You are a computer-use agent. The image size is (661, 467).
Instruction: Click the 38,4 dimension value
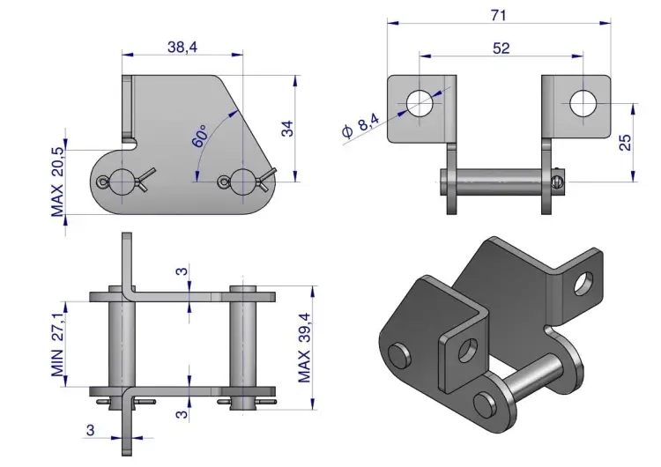coord(182,47)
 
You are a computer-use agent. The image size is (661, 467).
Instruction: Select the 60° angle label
coord(200,136)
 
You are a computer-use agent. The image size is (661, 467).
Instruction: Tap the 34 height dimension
coord(287,129)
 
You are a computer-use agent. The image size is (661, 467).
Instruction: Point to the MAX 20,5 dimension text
coord(57,182)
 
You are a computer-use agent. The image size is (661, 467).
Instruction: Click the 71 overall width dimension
coord(498,15)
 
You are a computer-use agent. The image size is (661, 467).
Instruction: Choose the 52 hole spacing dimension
coord(501,48)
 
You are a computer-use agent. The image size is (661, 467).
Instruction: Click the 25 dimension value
coord(625,142)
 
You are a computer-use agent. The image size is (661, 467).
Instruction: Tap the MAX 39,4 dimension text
coord(304,348)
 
